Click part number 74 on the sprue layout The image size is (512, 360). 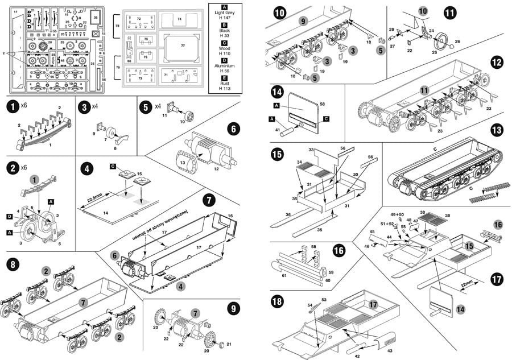pos(180,19)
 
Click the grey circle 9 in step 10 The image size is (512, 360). pos(303,22)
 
